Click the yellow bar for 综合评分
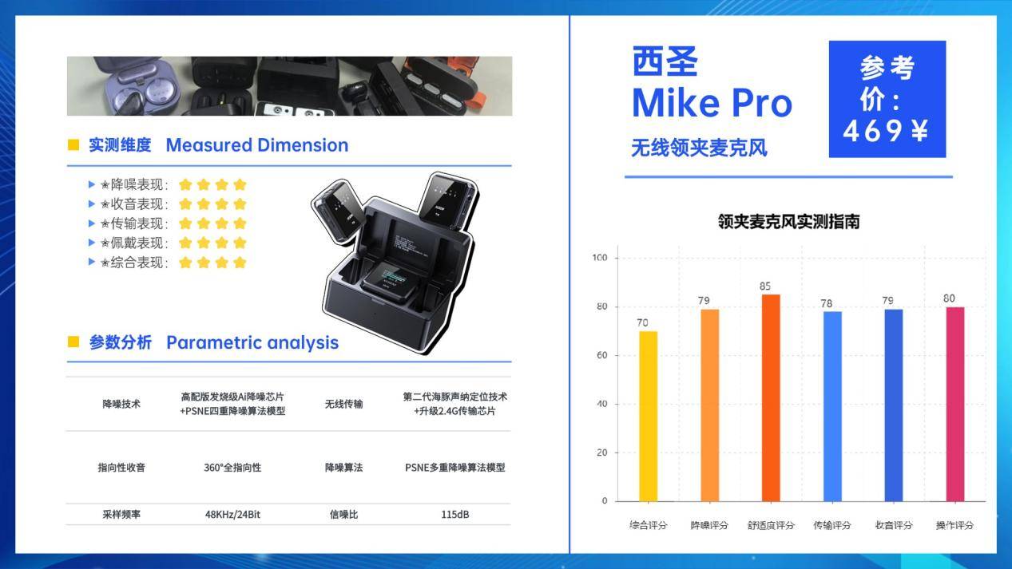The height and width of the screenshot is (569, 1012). coord(649,416)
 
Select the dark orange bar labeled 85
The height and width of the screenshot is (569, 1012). coord(771,397)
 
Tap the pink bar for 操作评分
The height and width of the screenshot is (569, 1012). coord(955,404)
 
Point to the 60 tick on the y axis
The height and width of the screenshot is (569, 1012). coord(601,355)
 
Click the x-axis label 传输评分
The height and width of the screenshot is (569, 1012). coord(832,525)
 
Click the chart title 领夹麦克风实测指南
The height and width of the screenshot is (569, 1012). coord(789,222)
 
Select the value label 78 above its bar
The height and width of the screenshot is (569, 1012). coord(827,303)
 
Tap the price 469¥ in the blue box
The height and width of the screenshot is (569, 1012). coord(886,131)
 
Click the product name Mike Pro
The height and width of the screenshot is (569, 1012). coord(712,103)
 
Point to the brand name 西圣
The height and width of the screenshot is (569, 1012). coord(665,61)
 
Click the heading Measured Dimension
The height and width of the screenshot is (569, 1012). coord(257,145)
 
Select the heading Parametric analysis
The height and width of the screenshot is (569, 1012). coord(252,343)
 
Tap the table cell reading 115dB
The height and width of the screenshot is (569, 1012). coord(455,515)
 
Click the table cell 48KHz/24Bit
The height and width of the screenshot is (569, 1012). coord(232,515)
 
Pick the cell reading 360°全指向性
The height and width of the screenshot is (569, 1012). coord(232,468)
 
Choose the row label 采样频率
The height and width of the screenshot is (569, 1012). coord(121,515)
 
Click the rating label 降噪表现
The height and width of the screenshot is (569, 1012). coord(137,184)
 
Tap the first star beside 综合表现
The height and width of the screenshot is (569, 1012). coord(185,263)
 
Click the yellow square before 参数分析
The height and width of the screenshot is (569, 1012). coord(73,342)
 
